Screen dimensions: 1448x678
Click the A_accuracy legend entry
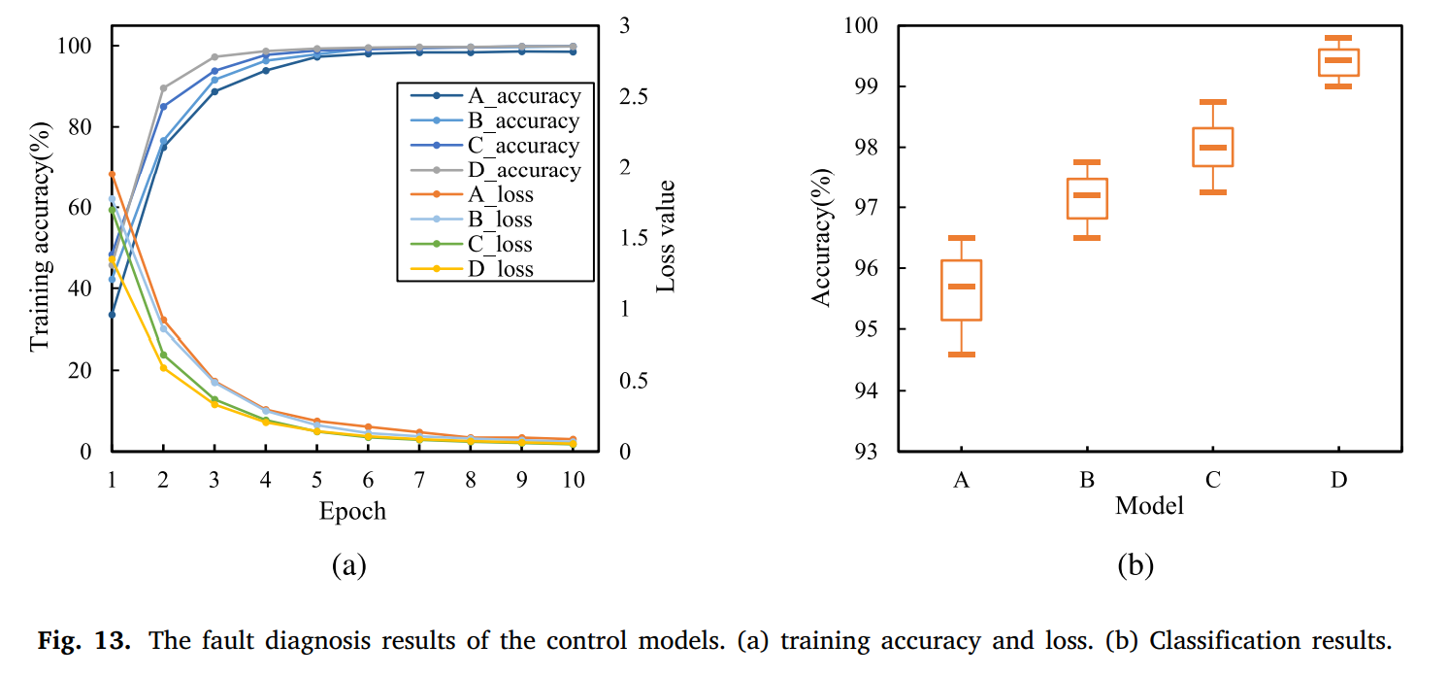tap(495, 96)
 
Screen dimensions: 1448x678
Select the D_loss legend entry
tap(472, 268)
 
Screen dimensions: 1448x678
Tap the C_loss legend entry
tap(472, 244)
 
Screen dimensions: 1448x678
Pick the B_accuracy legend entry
tap(495, 120)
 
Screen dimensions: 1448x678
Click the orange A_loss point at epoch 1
tap(112, 174)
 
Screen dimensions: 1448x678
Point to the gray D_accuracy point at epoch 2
tap(163, 88)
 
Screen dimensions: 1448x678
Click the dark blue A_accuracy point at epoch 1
tap(112, 315)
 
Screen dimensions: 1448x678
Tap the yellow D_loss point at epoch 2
tap(163, 368)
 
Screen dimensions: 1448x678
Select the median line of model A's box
tap(961, 287)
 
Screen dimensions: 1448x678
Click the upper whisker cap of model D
tap(1338, 38)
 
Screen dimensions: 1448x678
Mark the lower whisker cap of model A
tap(961, 355)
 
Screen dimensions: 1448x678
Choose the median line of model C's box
tap(1213, 148)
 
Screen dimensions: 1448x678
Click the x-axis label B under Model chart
tap(1087, 480)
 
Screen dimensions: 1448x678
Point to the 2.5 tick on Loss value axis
tap(634, 96)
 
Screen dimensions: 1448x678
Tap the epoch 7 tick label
tap(419, 480)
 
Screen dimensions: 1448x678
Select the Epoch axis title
tap(352, 511)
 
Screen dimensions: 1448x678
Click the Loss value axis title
tap(666, 236)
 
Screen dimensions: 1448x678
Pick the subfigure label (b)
tap(1135, 565)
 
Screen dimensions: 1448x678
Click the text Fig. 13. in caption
tap(84, 641)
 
